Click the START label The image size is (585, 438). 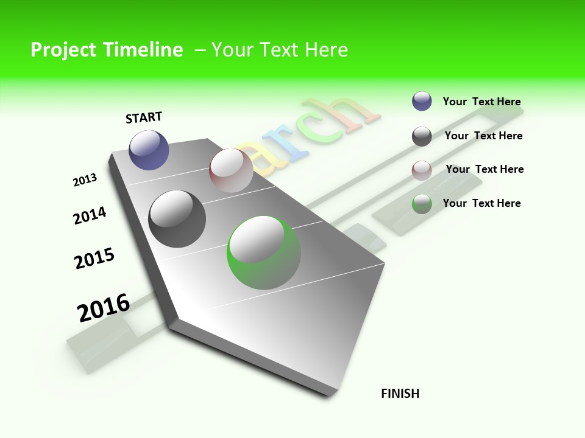[x=144, y=117]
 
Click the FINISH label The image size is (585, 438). [x=400, y=394]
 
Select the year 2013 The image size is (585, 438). [x=85, y=180]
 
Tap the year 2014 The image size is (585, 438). [x=90, y=215]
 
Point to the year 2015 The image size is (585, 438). [x=94, y=259]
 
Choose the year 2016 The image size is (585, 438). [x=104, y=308]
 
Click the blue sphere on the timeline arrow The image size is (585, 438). [x=149, y=150]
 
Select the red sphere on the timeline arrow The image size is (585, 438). [x=231, y=170]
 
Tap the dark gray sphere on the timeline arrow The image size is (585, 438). [x=177, y=219]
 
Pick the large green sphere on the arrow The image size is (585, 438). [x=263, y=252]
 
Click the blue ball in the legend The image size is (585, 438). [x=422, y=102]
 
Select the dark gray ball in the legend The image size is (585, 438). [x=422, y=136]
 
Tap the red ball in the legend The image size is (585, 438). [x=422, y=170]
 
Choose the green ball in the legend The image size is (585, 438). [x=422, y=204]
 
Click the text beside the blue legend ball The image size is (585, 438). [x=481, y=102]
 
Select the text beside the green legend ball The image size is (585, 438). [x=481, y=203]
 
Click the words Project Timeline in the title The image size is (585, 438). [x=107, y=50]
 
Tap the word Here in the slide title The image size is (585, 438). [x=326, y=50]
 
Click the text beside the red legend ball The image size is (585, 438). [x=484, y=169]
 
